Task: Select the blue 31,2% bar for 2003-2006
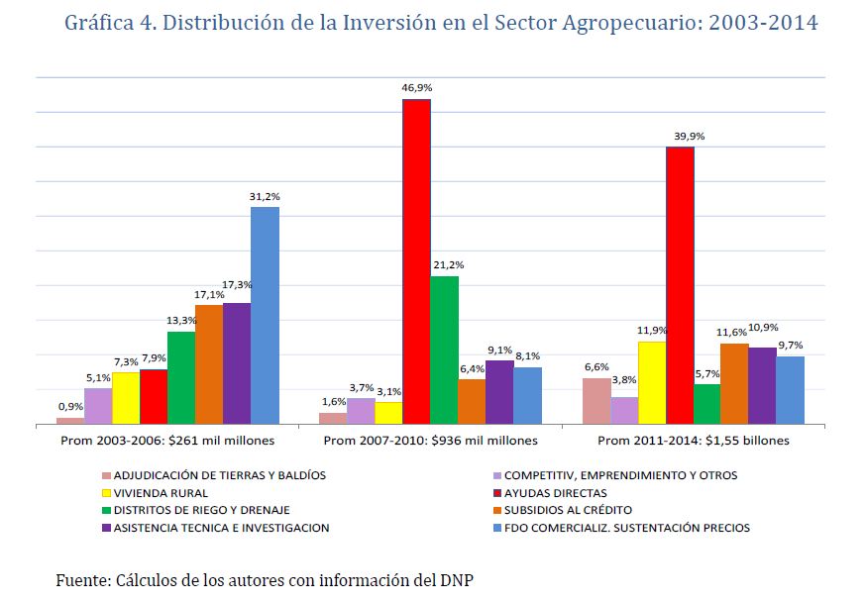coord(265,315)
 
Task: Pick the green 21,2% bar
coord(444,350)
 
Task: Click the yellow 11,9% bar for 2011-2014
coord(652,382)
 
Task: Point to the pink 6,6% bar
coord(596,401)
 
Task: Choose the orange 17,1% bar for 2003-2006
coord(209,364)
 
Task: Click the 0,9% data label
coord(70,406)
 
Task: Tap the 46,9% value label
coord(416,88)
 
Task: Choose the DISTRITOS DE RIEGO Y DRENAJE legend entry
coord(194,511)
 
